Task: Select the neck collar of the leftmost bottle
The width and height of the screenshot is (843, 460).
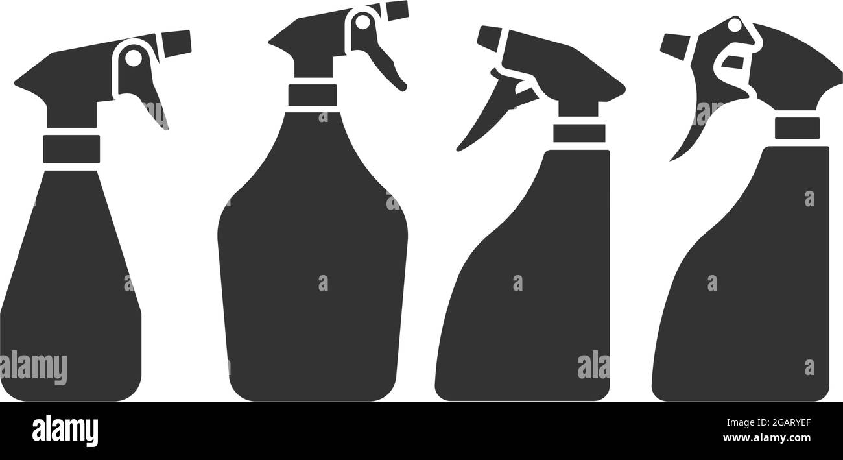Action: pos(71,149)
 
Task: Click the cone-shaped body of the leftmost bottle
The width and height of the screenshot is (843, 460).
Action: pos(71,292)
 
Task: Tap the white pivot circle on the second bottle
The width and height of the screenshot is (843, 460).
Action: pos(362,23)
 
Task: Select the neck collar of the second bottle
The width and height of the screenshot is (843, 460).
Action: pos(313,95)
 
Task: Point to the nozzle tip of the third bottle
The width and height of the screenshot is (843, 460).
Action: pos(488,37)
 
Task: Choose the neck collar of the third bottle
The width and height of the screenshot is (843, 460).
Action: pos(578,132)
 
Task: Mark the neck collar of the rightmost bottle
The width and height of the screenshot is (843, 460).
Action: pos(796,128)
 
